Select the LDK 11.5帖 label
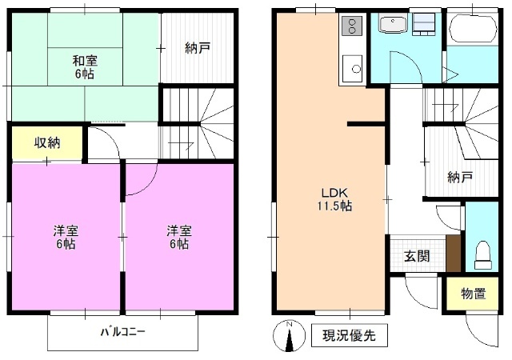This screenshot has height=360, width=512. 337,199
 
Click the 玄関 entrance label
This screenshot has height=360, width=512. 416,256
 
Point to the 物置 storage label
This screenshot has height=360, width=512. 474,294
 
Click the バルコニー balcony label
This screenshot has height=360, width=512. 122,331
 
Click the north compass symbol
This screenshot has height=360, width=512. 290,336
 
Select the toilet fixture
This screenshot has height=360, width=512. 482,254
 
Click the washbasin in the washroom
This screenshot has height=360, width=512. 394,26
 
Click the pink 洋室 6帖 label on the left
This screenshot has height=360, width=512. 66,238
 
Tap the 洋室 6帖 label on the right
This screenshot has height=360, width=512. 178,238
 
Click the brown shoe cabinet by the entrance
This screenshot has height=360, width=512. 454,255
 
